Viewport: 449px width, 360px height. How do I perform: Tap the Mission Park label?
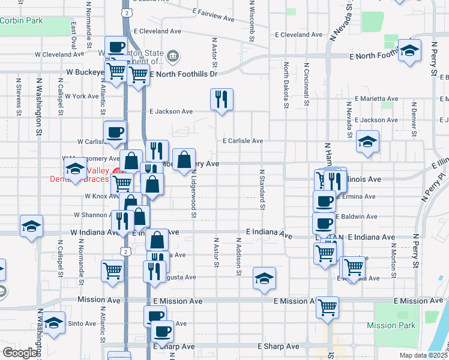[399, 326]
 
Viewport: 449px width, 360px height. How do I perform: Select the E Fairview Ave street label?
[214, 15]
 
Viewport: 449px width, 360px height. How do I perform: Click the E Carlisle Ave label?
[243, 141]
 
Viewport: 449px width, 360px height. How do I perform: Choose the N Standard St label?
[262, 189]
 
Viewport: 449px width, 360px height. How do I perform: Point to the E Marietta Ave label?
[376, 98]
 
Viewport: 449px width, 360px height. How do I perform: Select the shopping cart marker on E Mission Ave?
[328, 307]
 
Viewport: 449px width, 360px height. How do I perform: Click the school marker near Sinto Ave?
[53, 322]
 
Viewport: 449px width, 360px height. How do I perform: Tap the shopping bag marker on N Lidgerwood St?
[184, 159]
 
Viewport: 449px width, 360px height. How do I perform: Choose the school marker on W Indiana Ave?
[31, 226]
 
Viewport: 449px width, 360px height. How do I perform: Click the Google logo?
[19, 353]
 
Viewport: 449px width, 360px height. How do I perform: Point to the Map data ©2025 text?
[423, 355]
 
